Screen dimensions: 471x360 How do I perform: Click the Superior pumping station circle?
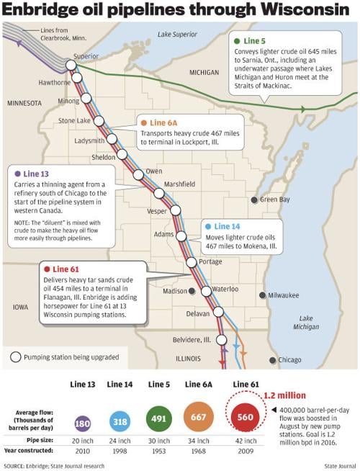point(72,65)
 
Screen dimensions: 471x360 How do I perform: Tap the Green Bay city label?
point(275,199)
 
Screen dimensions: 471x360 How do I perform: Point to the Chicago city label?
point(289,359)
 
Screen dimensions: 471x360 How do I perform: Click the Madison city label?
point(175,291)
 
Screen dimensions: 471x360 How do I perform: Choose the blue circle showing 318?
point(120,421)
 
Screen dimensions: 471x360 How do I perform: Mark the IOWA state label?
point(19,307)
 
